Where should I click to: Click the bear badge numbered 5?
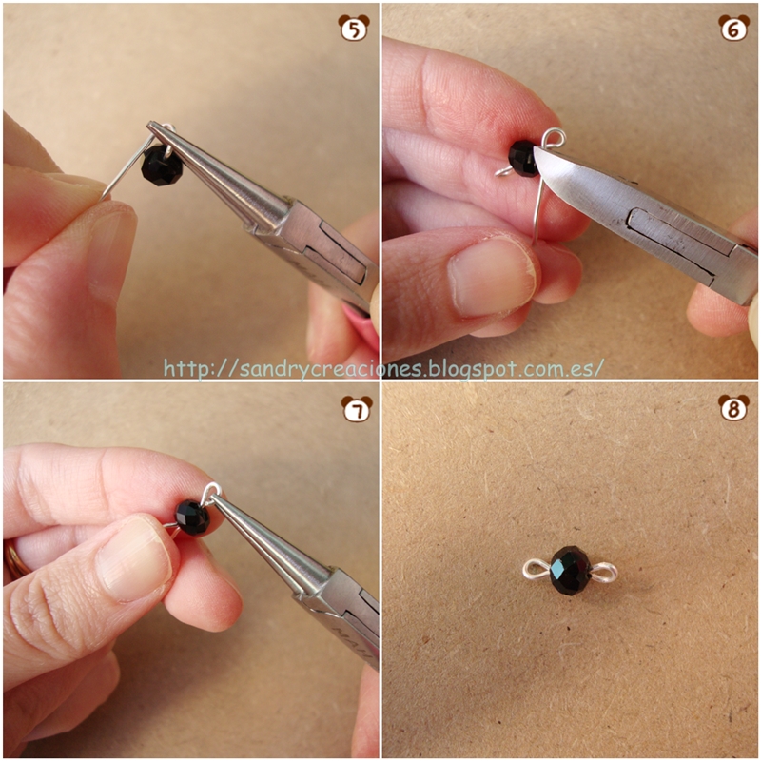click(354, 28)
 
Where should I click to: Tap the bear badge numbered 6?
click(733, 28)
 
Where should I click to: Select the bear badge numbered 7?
click(357, 409)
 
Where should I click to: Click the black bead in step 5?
click(162, 165)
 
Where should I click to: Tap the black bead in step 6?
click(523, 158)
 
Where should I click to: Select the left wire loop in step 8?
click(537, 569)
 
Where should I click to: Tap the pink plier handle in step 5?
click(361, 321)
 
